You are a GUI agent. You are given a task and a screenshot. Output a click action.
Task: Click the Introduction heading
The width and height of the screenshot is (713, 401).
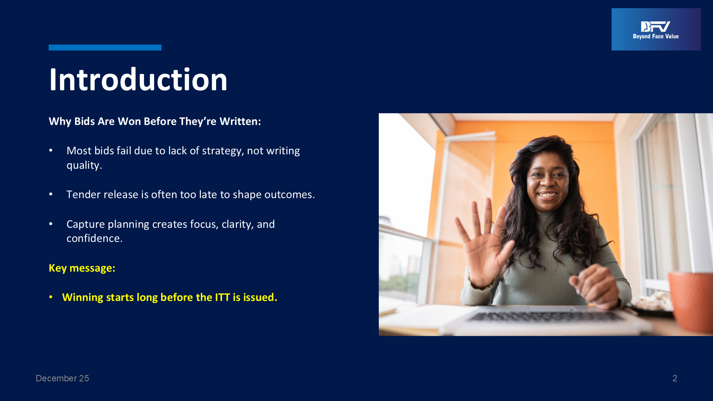(138, 79)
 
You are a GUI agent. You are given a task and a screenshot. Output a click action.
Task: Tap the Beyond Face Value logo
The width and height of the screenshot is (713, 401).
(656, 29)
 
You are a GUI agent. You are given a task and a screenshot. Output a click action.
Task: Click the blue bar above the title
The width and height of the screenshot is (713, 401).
(105, 48)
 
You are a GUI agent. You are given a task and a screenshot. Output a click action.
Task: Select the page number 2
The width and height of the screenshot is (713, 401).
(675, 378)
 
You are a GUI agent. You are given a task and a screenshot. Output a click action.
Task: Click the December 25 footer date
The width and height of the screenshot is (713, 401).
(62, 378)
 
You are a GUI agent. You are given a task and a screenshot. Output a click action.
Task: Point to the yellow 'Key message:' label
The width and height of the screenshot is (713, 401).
(82, 268)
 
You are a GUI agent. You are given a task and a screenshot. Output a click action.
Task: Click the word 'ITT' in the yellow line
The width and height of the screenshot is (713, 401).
(222, 297)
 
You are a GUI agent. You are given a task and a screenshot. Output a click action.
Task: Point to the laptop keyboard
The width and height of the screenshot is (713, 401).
(546, 316)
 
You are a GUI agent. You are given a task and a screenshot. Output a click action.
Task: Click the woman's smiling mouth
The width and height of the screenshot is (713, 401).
(547, 195)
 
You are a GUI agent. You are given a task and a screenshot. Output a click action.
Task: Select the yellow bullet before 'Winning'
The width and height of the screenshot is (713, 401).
(51, 297)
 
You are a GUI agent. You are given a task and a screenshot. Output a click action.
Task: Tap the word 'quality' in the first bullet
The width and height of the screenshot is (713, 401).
(83, 166)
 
